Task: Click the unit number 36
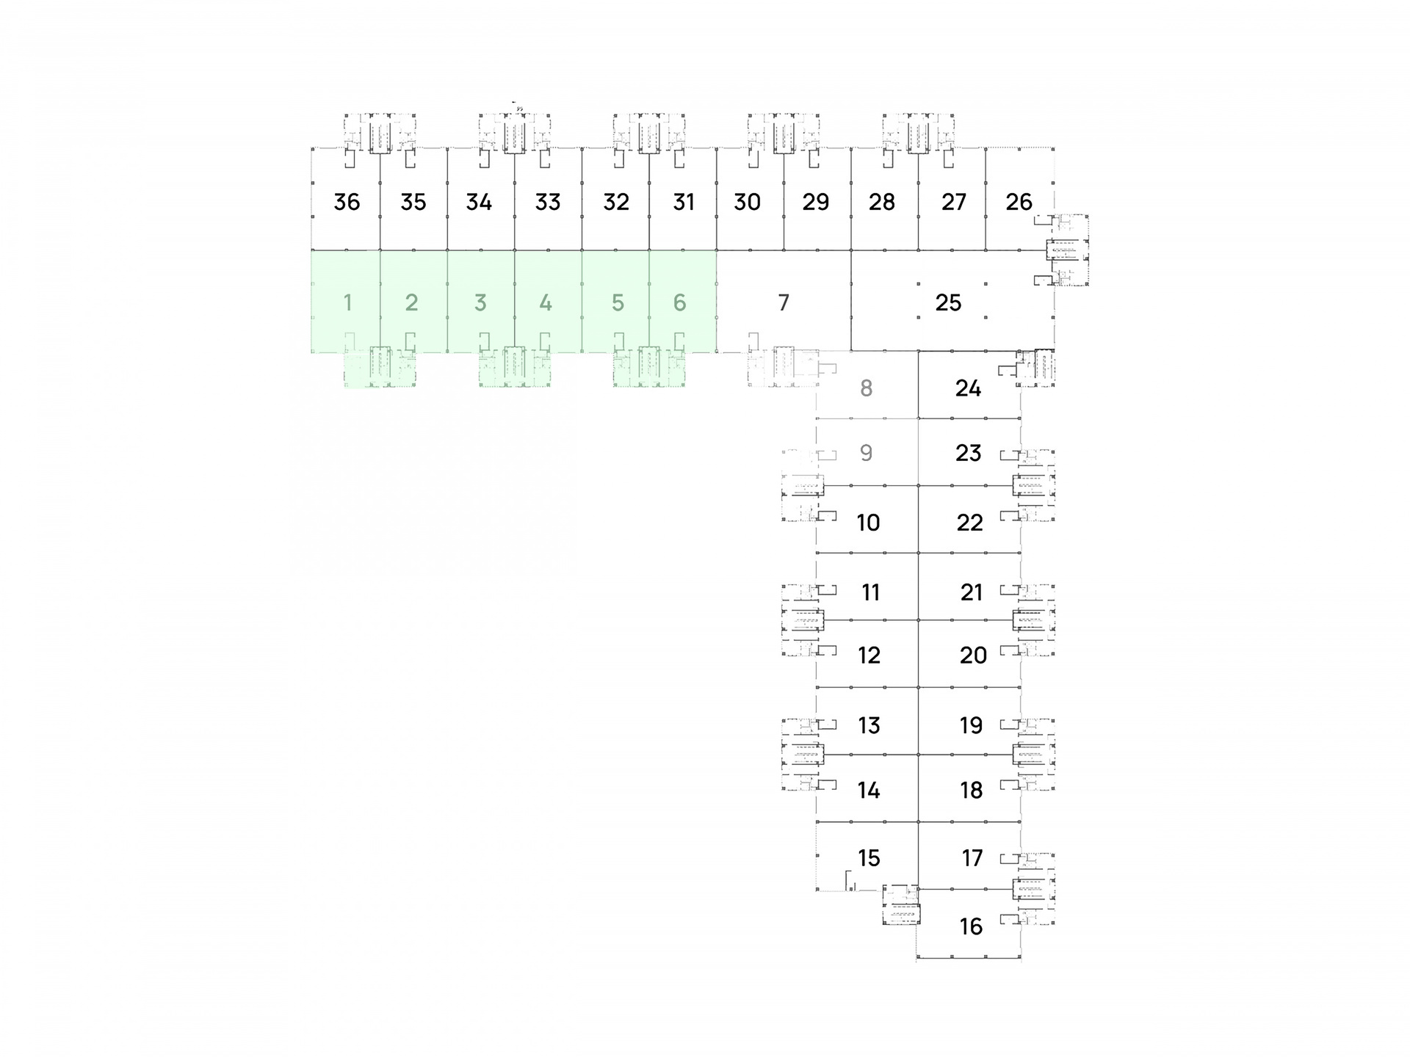point(347,202)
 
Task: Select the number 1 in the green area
point(347,302)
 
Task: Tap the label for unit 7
point(784,302)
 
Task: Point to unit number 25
point(948,302)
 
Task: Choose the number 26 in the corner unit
point(1019,202)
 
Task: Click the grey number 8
point(867,388)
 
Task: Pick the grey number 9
point(867,453)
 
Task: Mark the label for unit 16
point(971,927)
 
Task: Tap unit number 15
point(869,858)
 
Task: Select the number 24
point(968,388)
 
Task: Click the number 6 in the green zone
point(680,302)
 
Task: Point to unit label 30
point(747,202)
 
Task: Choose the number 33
point(548,202)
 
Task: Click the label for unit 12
point(869,655)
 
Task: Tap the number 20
point(973,655)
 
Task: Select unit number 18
point(971,791)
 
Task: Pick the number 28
point(882,202)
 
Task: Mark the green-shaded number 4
point(546,302)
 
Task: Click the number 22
point(969,523)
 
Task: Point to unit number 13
point(869,726)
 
